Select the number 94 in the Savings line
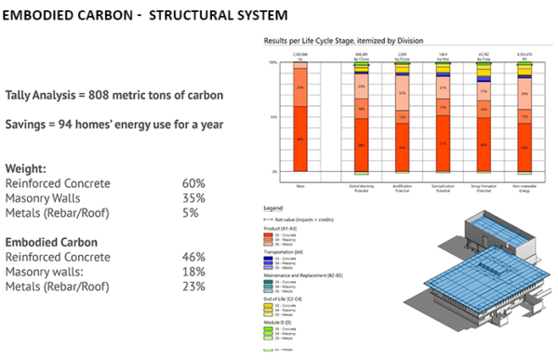click(73, 124)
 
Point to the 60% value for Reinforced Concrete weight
click(193, 183)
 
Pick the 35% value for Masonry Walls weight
click(193, 197)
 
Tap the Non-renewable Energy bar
click(525, 116)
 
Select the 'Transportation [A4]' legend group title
click(287, 251)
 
